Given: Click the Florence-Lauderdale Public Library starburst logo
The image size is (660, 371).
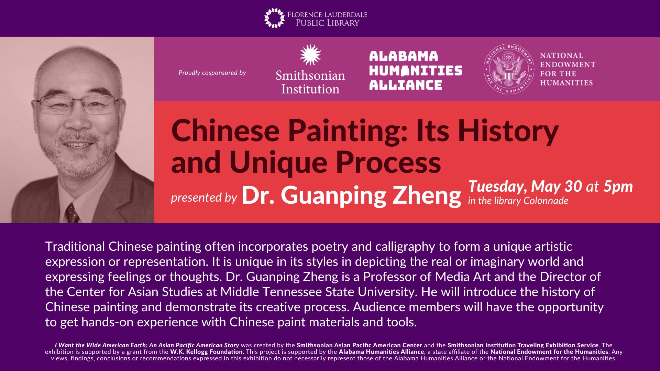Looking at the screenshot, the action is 274,18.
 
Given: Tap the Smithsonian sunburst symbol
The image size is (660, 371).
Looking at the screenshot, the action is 310,55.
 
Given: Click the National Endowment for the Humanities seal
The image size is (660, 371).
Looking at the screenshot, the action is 508,69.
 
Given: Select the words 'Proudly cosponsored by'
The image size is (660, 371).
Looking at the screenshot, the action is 212,73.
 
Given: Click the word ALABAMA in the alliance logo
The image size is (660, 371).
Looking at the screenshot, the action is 404,56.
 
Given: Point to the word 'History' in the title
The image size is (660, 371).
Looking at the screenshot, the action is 508,132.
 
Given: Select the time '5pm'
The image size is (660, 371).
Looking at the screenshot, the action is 618,187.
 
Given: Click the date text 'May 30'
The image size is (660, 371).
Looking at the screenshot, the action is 557,187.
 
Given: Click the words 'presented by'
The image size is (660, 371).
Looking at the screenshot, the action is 204,198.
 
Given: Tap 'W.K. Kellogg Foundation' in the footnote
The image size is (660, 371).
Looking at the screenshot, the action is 206,352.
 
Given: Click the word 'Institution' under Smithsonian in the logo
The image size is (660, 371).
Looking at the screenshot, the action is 310,89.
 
